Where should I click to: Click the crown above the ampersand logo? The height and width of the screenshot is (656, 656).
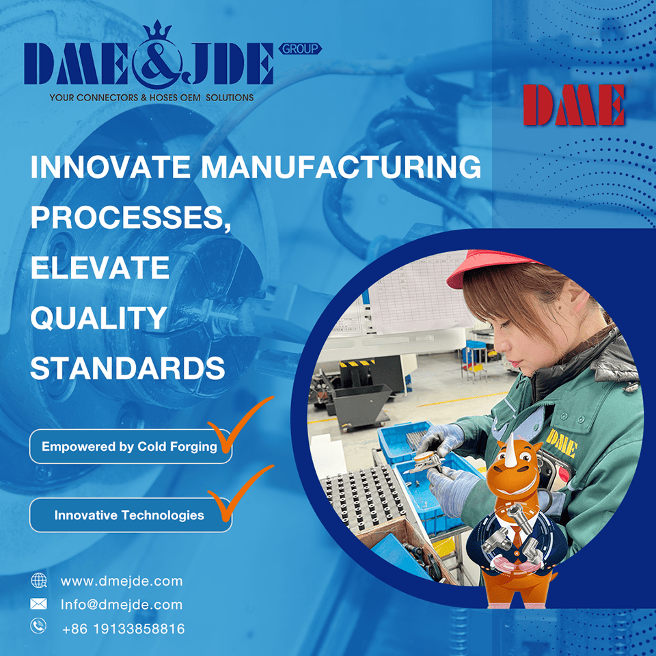tap(157, 29)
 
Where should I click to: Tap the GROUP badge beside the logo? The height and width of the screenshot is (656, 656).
tap(300, 49)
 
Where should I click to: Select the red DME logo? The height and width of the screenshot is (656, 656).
tap(573, 105)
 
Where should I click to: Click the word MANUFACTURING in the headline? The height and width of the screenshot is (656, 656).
tap(341, 167)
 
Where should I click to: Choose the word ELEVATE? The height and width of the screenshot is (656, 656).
tap(100, 268)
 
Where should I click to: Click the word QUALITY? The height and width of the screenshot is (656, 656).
tap(98, 318)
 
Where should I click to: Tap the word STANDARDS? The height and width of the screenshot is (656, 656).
tap(128, 368)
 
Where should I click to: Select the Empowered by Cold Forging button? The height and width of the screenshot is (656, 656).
tap(131, 446)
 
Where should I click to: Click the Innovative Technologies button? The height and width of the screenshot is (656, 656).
tap(131, 515)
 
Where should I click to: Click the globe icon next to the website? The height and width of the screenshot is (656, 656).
tap(39, 581)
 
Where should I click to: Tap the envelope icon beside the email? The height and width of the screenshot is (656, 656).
tap(38, 603)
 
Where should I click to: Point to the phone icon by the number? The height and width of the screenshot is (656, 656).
tap(38, 627)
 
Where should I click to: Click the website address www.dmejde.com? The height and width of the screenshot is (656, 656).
tap(122, 581)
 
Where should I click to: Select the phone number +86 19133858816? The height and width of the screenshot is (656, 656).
tap(124, 629)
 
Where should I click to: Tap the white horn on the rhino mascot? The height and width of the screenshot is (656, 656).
tap(512, 451)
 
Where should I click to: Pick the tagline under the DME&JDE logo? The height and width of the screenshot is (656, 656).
tap(152, 98)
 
